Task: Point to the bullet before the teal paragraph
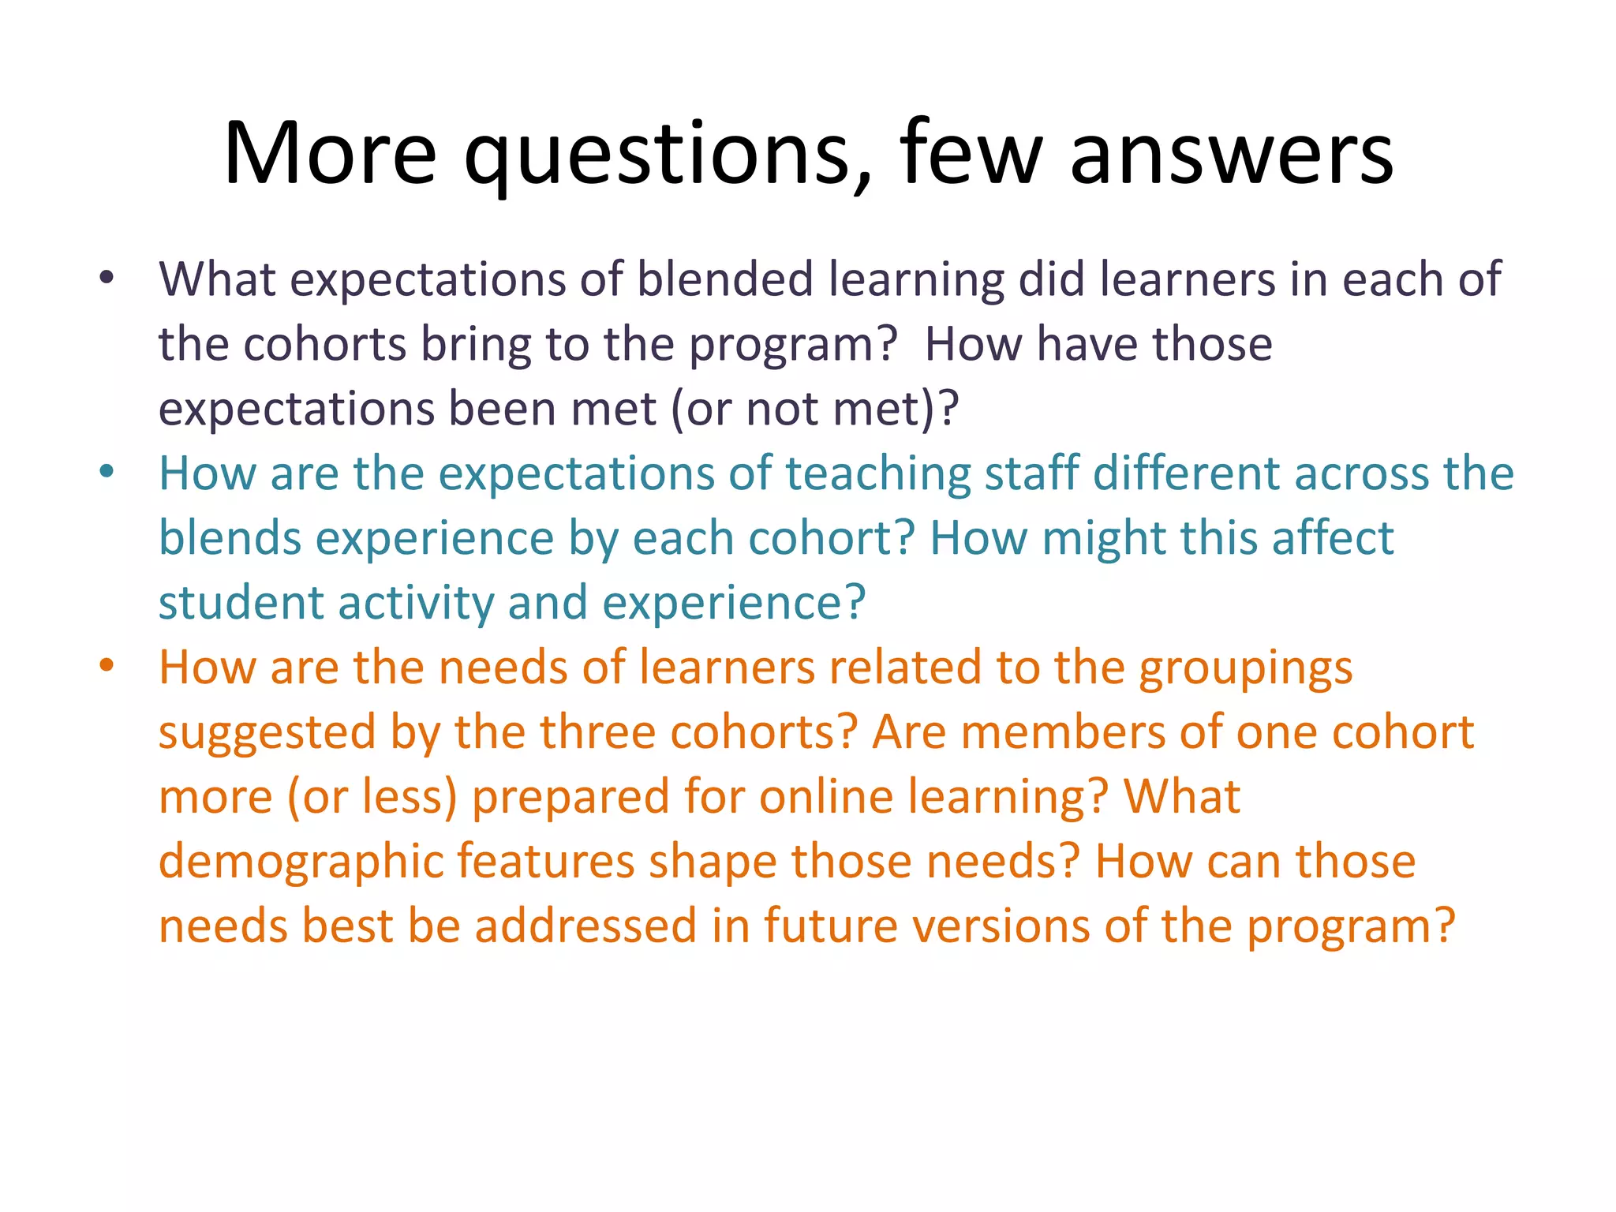coord(107,472)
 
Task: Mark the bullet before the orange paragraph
coord(107,666)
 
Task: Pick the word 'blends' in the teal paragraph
coord(230,538)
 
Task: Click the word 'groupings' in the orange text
coord(1245,669)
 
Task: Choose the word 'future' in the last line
coord(830,926)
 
